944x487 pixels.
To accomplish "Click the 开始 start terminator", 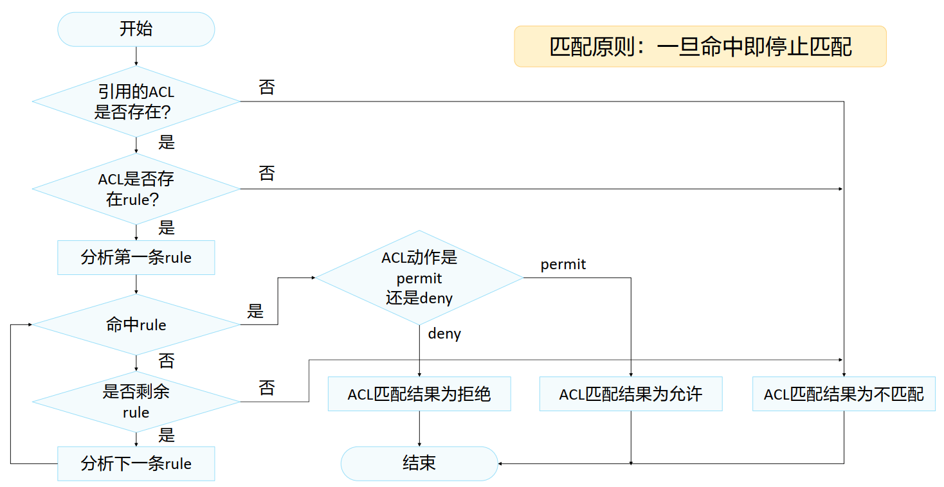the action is (136, 29).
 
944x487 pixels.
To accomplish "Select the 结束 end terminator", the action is (419, 463).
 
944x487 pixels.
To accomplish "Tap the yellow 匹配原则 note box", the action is (700, 46).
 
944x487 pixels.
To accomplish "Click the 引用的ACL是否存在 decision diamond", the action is (136, 102).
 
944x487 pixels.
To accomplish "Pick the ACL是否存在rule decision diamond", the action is (136, 189).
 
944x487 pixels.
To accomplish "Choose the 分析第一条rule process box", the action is (136, 258).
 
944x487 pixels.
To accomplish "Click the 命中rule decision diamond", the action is (136, 324).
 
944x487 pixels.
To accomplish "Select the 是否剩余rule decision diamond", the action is (136, 402).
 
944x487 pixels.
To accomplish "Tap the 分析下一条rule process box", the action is (136, 463).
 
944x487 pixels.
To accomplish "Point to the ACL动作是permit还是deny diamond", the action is (419, 278).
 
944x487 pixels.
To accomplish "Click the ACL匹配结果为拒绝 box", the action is (419, 394).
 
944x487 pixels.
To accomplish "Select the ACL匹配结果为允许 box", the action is (631, 394).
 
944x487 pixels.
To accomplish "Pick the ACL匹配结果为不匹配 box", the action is (844, 394).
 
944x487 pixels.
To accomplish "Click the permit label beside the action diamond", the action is (563, 264).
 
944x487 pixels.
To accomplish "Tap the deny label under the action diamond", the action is (444, 333).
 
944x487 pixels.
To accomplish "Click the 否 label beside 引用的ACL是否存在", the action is (266, 87).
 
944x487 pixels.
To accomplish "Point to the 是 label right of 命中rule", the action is (255, 311).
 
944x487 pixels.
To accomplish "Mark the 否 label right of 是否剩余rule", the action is (266, 387).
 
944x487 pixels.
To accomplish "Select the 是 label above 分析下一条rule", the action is (166, 435).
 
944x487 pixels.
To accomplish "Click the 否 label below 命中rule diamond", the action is (166, 360).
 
